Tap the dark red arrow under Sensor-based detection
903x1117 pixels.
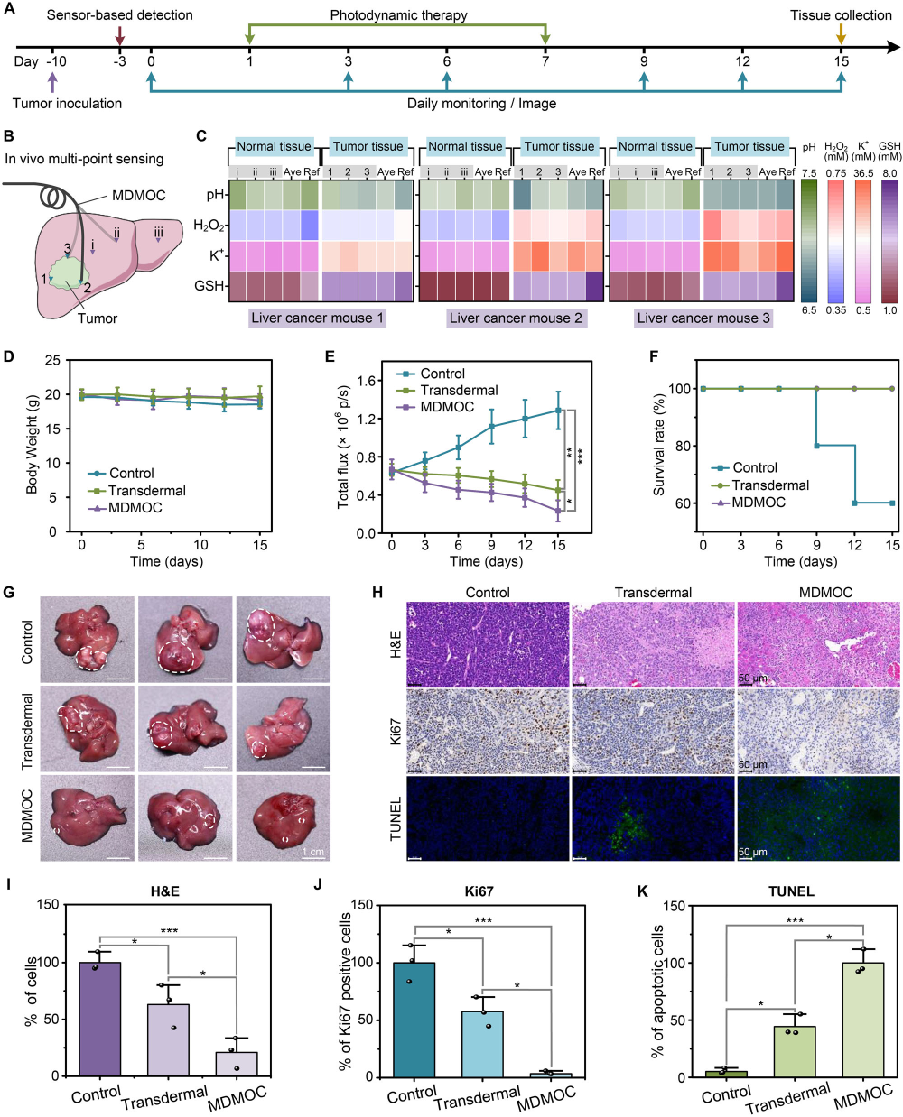[x=120, y=35]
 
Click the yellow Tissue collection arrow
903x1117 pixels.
[x=841, y=33]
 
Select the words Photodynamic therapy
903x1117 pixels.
[x=398, y=15]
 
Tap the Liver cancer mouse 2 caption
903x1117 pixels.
[x=515, y=318]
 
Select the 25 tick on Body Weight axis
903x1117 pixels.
[x=53, y=361]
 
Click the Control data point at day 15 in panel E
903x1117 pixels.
[x=558, y=410]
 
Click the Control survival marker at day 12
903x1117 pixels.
[x=854, y=503]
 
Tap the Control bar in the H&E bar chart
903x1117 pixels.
[x=100, y=1019]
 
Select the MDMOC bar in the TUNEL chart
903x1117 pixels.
[x=863, y=1020]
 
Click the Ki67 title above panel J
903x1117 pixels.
[x=479, y=891]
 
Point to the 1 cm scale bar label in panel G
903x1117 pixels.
[x=313, y=852]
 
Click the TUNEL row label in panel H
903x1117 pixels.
[x=395, y=818]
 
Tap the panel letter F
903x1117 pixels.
[x=655, y=356]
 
